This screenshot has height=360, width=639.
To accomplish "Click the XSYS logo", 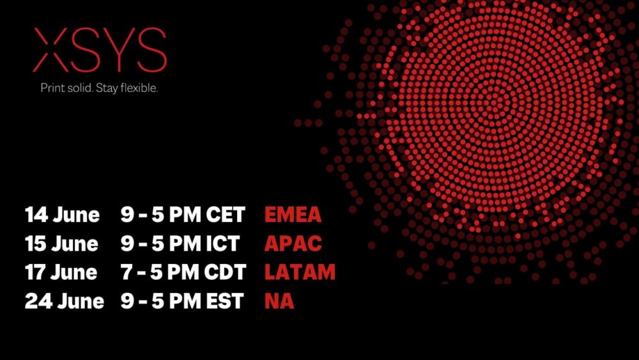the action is [100, 50].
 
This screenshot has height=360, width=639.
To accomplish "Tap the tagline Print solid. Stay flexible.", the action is [99, 88].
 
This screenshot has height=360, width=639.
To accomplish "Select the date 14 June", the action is [62, 215].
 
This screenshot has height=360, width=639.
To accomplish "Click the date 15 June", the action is [61, 244].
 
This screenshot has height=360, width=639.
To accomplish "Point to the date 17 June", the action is [61, 272].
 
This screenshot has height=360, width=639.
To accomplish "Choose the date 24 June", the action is [65, 301].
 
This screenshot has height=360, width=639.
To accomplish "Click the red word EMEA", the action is [293, 215].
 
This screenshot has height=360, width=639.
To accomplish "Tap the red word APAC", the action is [293, 244].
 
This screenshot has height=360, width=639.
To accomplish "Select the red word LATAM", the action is [300, 272].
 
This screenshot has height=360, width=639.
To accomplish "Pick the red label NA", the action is [279, 301].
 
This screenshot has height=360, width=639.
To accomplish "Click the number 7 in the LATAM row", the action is [126, 272].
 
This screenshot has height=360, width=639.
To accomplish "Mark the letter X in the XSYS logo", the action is [50, 50].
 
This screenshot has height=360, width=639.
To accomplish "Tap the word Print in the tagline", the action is [53, 88].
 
